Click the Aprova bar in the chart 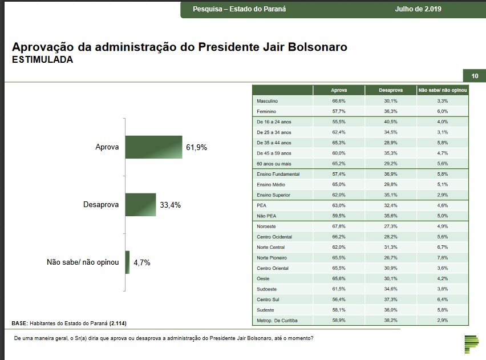tap(153, 147)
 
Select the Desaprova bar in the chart tap(140, 204)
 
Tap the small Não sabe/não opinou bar tap(128, 262)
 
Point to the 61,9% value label tap(196, 147)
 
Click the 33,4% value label tap(171, 205)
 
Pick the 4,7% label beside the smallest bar tap(142, 263)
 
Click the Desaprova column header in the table tap(391, 90)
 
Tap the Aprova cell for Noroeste tap(339, 226)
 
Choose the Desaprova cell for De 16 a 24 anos tap(391, 122)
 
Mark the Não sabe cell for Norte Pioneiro tap(443, 258)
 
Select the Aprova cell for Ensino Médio tap(339, 184)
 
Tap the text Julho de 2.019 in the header tap(418, 9)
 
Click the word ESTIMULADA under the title tap(42, 59)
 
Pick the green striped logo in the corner tap(471, 342)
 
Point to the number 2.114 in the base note tap(118, 323)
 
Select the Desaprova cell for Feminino tap(391, 111)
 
